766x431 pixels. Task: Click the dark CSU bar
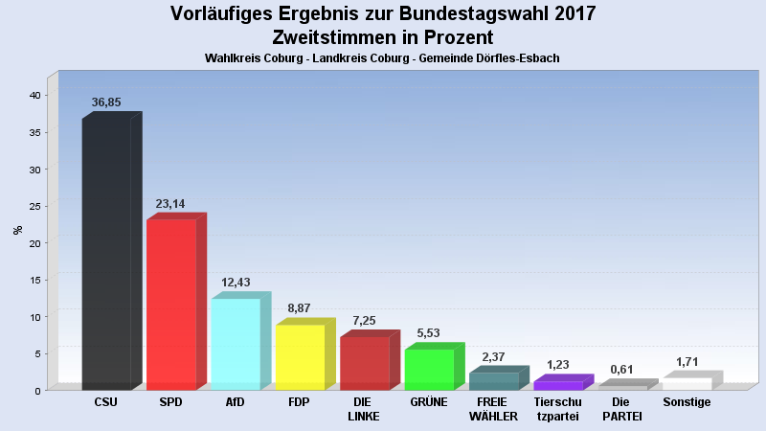pyautogui.click(x=106, y=254)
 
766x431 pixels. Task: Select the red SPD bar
pyautogui.click(x=170, y=305)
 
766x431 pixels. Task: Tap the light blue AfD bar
pyautogui.click(x=235, y=344)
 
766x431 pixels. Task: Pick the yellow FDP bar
pyautogui.click(x=299, y=357)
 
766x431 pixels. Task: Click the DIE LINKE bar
pyautogui.click(x=364, y=363)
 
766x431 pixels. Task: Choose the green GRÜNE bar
pyautogui.click(x=428, y=370)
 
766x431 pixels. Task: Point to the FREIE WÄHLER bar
pyautogui.click(x=493, y=381)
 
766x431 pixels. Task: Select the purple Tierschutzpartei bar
pyautogui.click(x=557, y=386)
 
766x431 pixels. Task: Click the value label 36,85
pyautogui.click(x=106, y=102)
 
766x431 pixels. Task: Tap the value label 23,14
pyautogui.click(x=170, y=204)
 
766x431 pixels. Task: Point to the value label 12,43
pyautogui.click(x=235, y=283)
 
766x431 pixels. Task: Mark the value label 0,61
pyautogui.click(x=621, y=370)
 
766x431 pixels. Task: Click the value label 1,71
pyautogui.click(x=687, y=362)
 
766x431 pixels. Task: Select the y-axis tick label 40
pyautogui.click(x=34, y=96)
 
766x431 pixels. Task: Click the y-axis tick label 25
pyautogui.click(x=34, y=206)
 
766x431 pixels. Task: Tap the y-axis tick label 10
pyautogui.click(x=34, y=317)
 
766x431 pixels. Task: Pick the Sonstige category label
pyautogui.click(x=687, y=402)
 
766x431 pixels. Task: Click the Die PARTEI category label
pyautogui.click(x=621, y=409)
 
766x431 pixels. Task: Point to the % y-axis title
pyautogui.click(x=17, y=230)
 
